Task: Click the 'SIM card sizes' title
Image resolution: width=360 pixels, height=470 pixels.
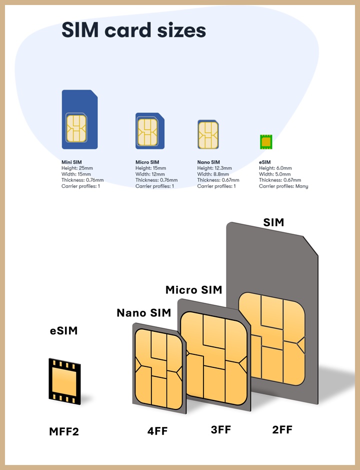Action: click(133, 31)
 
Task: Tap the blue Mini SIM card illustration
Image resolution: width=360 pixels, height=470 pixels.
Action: click(79, 120)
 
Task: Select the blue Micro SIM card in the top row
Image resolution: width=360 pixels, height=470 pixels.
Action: click(150, 131)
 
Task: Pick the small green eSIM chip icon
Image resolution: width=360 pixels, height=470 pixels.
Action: click(265, 142)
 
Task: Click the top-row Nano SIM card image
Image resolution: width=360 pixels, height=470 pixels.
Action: click(208, 135)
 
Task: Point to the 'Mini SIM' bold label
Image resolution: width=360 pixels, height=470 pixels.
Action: click(71, 162)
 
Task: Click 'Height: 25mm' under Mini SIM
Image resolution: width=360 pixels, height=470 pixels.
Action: click(78, 168)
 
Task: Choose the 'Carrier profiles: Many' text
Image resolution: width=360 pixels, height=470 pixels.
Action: click(283, 186)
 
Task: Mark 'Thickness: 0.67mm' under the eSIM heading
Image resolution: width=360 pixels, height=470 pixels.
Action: click(280, 180)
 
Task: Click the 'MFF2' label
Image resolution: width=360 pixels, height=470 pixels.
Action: click(63, 431)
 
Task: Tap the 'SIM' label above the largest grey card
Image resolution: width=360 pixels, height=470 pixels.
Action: click(273, 222)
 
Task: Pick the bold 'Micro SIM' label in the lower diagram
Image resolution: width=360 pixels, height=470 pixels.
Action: click(193, 290)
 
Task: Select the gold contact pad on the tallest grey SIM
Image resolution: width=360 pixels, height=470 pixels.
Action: click(271, 339)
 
